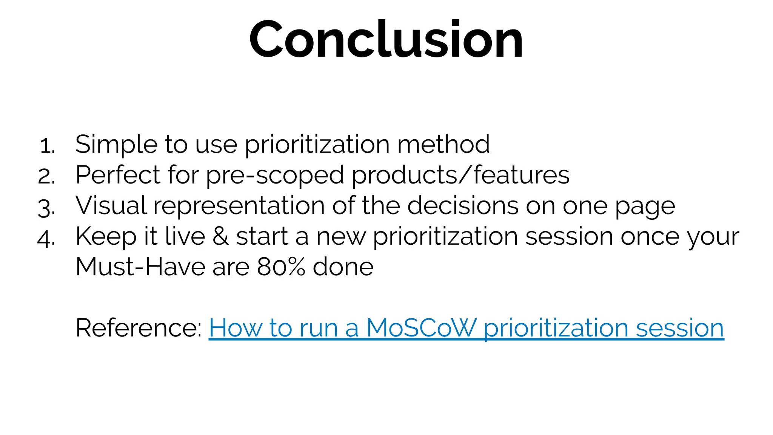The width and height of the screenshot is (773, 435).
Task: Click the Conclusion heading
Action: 386,40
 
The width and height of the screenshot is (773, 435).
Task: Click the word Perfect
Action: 118,175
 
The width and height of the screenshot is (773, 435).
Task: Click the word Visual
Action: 111,206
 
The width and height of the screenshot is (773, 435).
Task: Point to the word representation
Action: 239,207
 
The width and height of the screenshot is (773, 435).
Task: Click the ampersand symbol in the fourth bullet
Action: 220,237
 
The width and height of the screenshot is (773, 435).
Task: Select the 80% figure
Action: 281,267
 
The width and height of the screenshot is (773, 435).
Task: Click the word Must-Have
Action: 140,267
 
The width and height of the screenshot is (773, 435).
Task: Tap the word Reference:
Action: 139,328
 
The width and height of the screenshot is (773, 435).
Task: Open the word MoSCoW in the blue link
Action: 422,328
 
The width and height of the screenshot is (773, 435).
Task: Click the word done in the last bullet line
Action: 343,267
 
